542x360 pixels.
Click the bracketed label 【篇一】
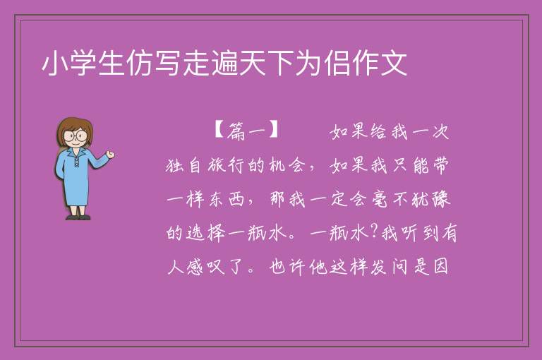(246, 131)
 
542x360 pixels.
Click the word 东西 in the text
(227, 199)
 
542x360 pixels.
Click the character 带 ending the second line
(440, 165)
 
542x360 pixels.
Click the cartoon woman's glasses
(76, 136)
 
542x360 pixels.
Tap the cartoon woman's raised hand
(110, 155)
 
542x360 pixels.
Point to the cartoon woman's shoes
(78, 217)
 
